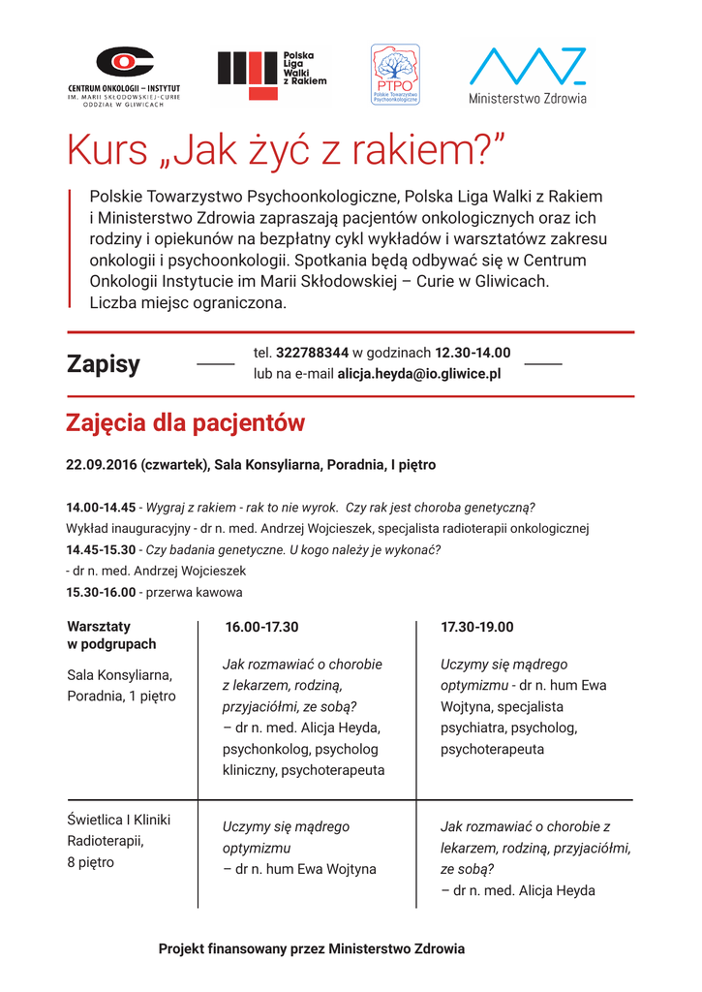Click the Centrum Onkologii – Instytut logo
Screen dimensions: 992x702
(123, 74)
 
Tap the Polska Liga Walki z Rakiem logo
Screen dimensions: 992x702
(272, 74)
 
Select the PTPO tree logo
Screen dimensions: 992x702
(395, 74)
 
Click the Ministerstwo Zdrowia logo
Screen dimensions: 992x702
(527, 74)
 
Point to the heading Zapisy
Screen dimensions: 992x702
(103, 364)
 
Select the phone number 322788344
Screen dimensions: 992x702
(312, 353)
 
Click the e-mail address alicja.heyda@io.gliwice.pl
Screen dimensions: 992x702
(418, 373)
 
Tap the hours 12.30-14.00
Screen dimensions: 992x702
(473, 353)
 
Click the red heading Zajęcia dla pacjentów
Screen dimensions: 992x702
(185, 423)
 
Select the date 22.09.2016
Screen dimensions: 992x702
(102, 465)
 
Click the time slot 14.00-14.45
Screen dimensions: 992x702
(101, 507)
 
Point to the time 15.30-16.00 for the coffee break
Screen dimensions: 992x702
(101, 592)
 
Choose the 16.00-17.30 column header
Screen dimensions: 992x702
(261, 627)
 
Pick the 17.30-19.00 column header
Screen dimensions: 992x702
(477, 627)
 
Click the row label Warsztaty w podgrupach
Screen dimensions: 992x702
(111, 635)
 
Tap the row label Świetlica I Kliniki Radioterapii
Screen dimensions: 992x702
(118, 830)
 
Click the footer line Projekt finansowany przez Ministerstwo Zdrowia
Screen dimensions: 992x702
(312, 949)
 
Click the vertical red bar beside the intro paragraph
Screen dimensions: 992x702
(71, 248)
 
